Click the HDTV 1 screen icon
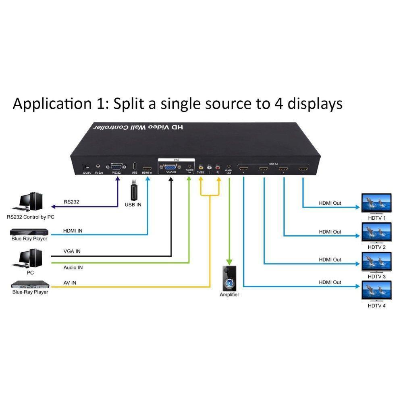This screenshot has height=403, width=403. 377,203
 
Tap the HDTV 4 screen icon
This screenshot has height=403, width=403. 377,291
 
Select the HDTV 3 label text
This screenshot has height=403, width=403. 377,276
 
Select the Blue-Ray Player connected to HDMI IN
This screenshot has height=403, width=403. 29,232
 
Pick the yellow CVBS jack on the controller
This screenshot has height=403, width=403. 201,166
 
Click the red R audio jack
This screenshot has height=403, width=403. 218,166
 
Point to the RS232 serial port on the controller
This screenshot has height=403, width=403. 116,167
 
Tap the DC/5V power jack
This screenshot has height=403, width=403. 86,166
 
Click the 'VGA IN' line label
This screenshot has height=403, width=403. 72,251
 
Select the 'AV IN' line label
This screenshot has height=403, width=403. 70,283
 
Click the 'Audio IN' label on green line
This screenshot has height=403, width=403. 73,267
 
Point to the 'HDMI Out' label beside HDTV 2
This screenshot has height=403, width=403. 330,232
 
